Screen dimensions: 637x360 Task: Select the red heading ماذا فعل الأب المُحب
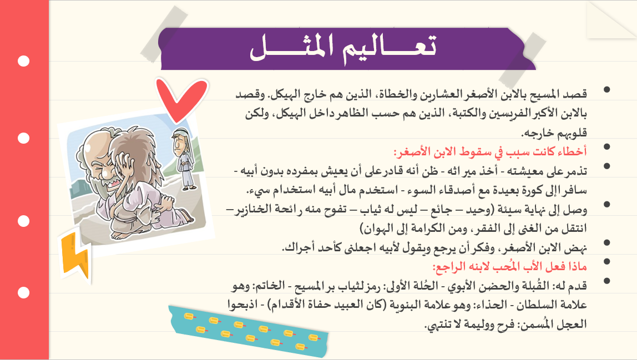tap(509, 267)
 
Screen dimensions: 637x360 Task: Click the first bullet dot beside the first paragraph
tap(607, 89)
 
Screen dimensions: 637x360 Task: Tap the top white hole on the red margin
tap(23, 61)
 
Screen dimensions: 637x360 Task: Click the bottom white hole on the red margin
tap(23, 292)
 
